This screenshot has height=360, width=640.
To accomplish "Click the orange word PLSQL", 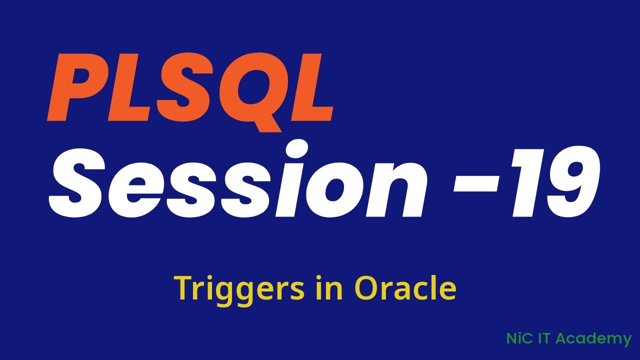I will pos(190,87).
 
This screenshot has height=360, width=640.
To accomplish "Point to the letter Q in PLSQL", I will pos(245,90).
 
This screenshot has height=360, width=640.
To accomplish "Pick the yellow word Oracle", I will pos(405,288).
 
